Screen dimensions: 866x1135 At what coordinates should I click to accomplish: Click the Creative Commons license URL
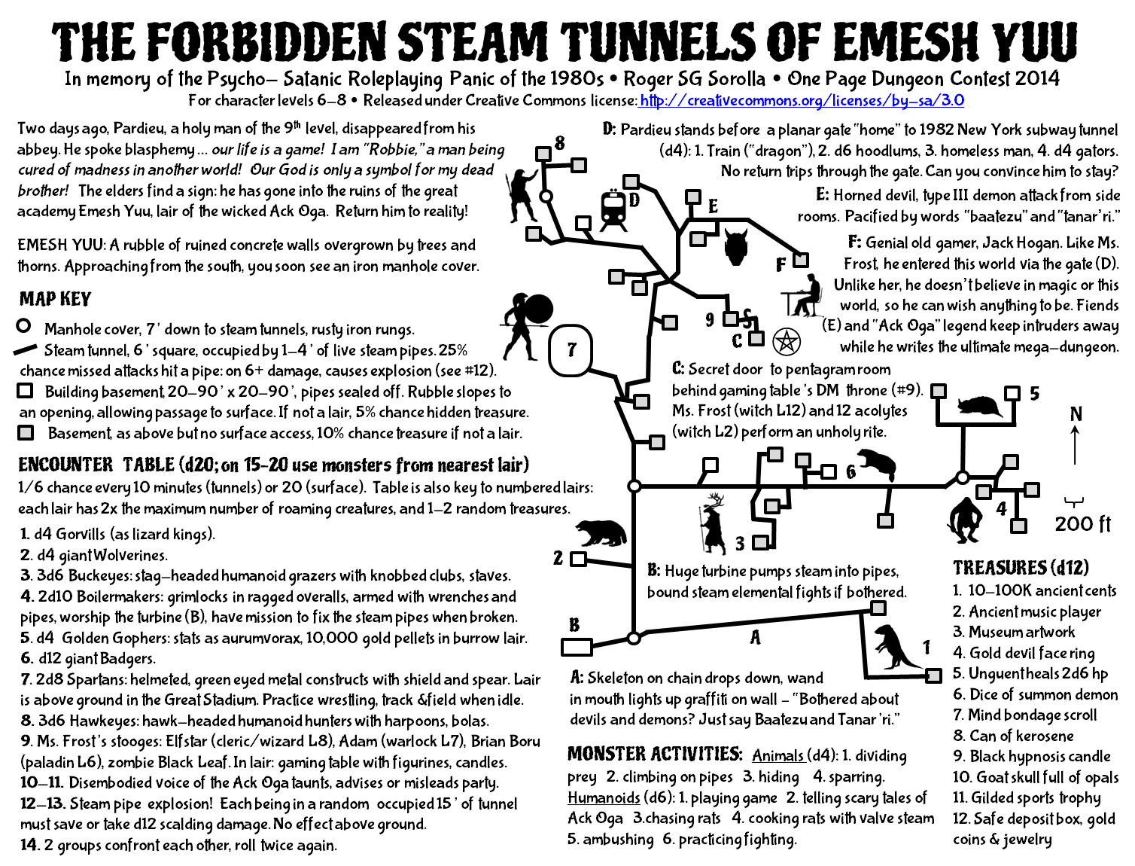click(801, 101)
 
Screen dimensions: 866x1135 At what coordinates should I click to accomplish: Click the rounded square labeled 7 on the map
click(571, 349)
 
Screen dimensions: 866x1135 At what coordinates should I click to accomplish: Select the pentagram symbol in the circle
click(786, 342)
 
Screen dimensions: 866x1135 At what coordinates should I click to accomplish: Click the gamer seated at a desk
click(803, 296)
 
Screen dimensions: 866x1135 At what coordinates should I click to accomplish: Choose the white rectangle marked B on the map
click(577, 647)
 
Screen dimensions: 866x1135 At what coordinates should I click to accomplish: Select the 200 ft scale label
click(1082, 523)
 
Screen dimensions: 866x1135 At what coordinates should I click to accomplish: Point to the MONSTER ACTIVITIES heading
click(655, 754)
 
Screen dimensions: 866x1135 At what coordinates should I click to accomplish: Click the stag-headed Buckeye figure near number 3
click(712, 523)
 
